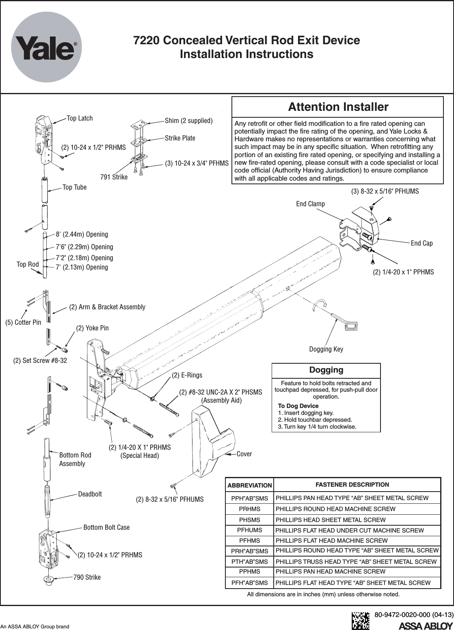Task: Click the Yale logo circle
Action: pyautogui.click(x=46, y=47)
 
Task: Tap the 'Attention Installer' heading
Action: pyautogui.click(x=338, y=107)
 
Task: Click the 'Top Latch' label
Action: pyautogui.click(x=80, y=118)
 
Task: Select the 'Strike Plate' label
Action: pyautogui.click(x=180, y=138)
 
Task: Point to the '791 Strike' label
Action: pyautogui.click(x=114, y=177)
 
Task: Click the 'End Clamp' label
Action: pyautogui.click(x=310, y=203)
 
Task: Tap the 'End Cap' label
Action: pyautogui.click(x=422, y=243)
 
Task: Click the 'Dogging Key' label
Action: pyautogui.click(x=326, y=349)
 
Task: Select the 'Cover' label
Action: pyautogui.click(x=244, y=453)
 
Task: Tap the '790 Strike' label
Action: pyautogui.click(x=86, y=577)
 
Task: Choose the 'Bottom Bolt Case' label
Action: pyautogui.click(x=106, y=527)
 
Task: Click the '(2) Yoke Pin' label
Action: pyautogui.click(x=92, y=328)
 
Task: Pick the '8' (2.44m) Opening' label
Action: pyautogui.click(x=82, y=234)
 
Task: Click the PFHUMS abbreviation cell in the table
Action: pyautogui.click(x=249, y=530)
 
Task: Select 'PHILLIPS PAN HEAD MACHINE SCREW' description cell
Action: pyautogui.click(x=331, y=572)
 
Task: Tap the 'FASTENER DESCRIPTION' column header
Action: pyautogui.click(x=352, y=484)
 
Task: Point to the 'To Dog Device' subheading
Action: pyautogui.click(x=298, y=406)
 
